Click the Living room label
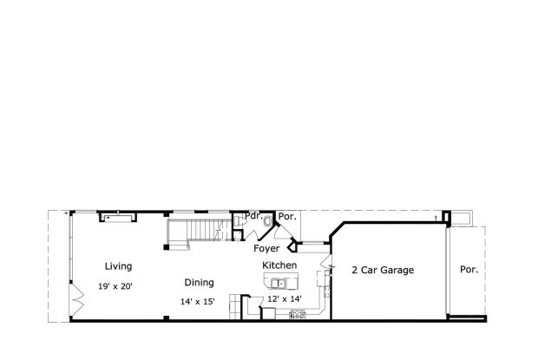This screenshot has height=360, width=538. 119,266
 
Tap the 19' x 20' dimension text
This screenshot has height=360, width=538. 115,285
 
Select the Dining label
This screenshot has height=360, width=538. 199,282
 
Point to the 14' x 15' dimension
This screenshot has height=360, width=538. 197,302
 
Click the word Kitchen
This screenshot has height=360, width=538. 279,265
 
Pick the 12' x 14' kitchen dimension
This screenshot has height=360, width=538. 285,298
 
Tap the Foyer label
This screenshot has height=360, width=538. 266,248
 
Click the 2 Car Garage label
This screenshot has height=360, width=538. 382,270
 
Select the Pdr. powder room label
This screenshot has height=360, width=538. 253,216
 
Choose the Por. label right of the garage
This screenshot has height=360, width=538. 469,270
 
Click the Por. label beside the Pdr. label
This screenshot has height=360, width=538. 287,216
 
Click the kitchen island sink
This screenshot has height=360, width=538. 278,283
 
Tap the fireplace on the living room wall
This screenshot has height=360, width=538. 115,215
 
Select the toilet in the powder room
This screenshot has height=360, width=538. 266,222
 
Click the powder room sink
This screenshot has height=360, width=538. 239,223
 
